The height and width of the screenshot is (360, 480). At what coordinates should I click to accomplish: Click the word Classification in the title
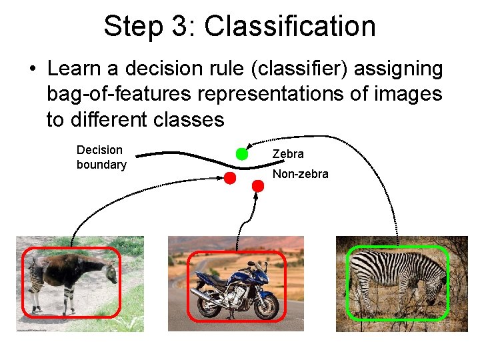[x=290, y=27]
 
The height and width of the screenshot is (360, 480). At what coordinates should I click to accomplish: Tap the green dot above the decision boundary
[x=242, y=154]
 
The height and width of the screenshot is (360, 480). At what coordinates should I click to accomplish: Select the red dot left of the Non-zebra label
[x=229, y=178]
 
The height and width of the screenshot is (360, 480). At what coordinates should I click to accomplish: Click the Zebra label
[x=288, y=154]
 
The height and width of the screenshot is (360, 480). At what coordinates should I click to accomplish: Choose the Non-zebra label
[x=300, y=174]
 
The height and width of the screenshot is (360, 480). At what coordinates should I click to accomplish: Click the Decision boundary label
[x=101, y=157]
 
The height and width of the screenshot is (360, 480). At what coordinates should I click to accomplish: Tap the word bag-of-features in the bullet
[x=117, y=94]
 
